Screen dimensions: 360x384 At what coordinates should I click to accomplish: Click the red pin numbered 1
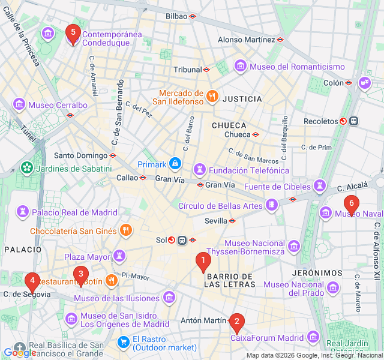[x=203, y=262]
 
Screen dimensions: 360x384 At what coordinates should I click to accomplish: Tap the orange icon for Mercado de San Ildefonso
[x=211, y=96]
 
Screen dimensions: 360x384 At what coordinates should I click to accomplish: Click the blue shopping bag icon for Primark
[x=175, y=163]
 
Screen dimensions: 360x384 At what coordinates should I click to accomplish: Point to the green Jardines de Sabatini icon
[x=26, y=168]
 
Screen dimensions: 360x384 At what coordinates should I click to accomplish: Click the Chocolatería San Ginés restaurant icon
[x=125, y=230]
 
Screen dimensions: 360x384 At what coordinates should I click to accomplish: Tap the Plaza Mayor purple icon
[x=120, y=256]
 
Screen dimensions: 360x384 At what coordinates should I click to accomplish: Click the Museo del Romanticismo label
[x=297, y=66]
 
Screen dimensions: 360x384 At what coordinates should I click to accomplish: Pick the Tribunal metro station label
[x=187, y=70]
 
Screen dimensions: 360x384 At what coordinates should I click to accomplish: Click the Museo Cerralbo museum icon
[x=19, y=104]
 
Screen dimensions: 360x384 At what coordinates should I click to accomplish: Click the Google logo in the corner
[x=20, y=353]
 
